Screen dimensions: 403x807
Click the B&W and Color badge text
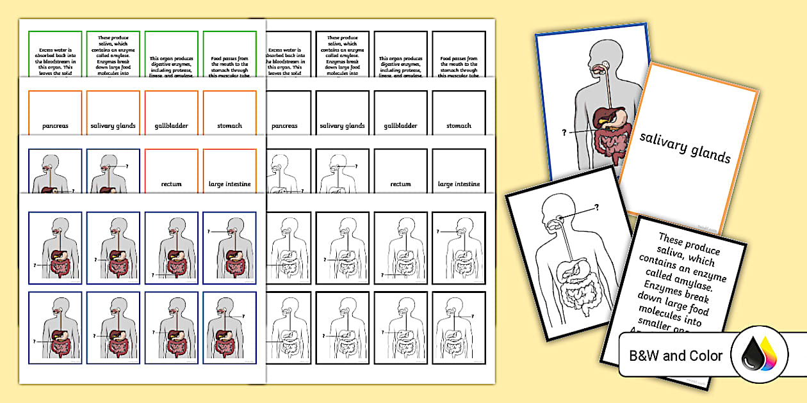point(675,356)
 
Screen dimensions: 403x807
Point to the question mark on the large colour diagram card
point(564,132)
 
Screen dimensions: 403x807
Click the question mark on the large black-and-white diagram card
point(596,207)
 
